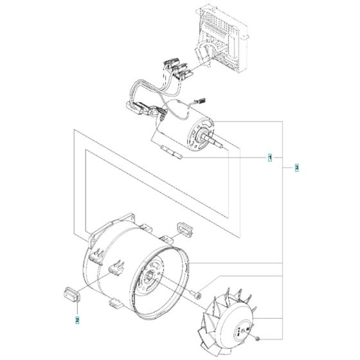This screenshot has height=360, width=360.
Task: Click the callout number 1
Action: click(x=271, y=157)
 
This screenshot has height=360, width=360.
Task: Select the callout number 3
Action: click(x=296, y=168)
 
